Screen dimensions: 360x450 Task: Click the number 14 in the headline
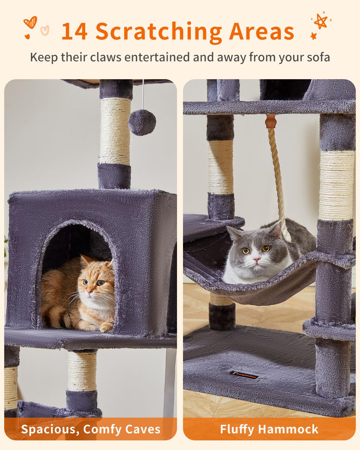click(x=74, y=31)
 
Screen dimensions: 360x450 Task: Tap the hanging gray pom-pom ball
click(x=142, y=122)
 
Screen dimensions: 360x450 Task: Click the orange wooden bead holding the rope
click(x=271, y=121)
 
